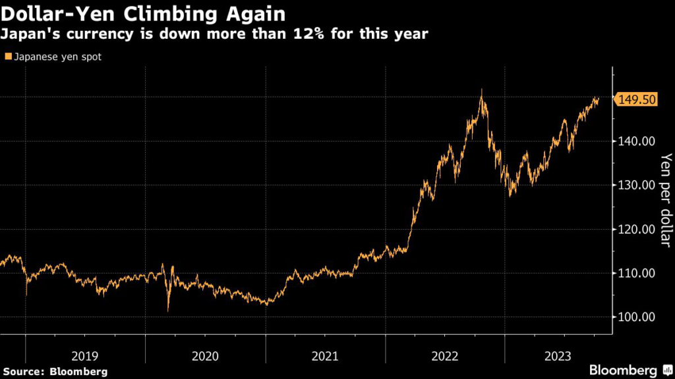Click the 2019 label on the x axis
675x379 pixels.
85,357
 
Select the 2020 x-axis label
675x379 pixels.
205,357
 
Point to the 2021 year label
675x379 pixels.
325,357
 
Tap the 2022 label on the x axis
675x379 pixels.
445,357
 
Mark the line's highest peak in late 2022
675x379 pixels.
482,90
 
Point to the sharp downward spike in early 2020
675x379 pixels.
168,310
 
